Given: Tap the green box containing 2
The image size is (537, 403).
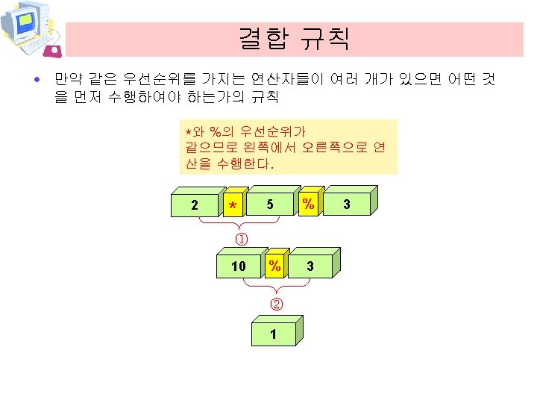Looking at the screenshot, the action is (x=195, y=204).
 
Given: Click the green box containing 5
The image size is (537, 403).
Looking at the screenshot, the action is (x=269, y=204).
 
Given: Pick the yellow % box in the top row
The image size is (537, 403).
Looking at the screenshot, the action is (x=307, y=204).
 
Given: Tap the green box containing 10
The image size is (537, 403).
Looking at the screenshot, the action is (x=238, y=266).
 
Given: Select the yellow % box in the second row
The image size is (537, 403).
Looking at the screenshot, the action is (x=274, y=266).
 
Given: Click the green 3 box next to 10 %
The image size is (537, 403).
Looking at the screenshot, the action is (x=310, y=266).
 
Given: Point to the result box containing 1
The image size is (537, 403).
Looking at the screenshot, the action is (x=273, y=334).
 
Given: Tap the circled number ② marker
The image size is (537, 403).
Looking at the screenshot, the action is (x=276, y=304).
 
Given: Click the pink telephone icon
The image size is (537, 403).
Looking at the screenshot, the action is (x=53, y=50).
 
